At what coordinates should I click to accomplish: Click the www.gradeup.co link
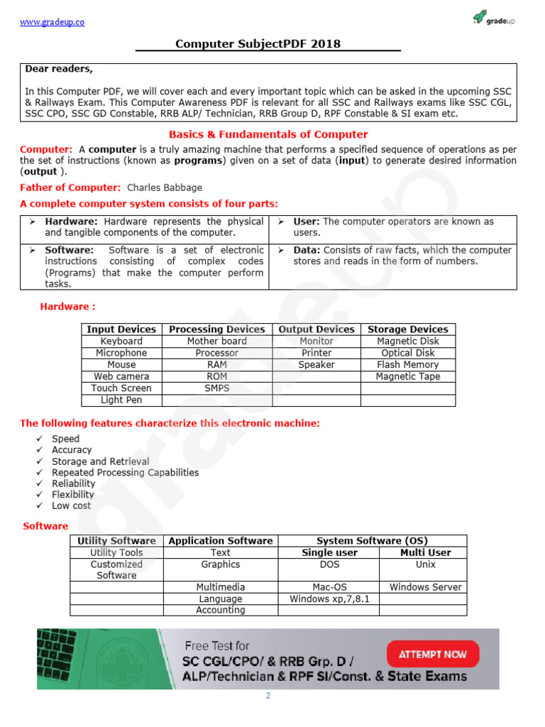52,22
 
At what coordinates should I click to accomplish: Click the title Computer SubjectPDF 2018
258,44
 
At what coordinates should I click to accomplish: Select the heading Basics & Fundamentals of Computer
268,134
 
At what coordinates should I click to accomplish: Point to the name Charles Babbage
164,187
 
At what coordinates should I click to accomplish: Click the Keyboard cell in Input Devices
121,341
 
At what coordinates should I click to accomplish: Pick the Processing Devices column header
216,329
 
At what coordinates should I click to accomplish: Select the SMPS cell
216,388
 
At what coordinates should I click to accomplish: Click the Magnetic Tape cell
407,376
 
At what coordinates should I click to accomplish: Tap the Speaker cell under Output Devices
316,365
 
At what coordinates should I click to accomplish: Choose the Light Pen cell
121,400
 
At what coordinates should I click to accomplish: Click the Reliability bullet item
73,483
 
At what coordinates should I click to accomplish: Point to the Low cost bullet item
71,505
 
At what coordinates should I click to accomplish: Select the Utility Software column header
116,541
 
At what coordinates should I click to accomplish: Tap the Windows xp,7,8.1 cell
329,598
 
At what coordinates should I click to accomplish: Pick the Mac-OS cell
329,587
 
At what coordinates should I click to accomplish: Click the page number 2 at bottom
268,696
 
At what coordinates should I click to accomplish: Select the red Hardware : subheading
67,307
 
